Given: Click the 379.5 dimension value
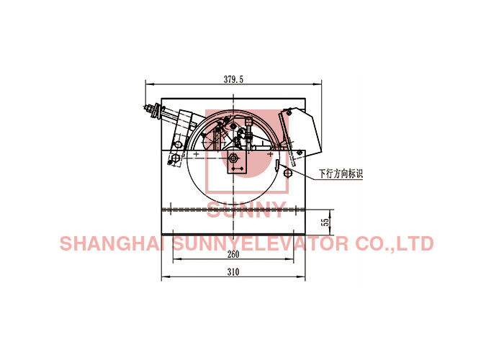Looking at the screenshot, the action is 234,79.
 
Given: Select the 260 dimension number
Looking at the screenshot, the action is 233,254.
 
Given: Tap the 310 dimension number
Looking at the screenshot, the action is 233,272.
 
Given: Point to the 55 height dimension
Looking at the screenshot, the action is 326,222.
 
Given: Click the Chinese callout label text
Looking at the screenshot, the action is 341,174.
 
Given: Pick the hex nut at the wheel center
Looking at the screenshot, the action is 233,158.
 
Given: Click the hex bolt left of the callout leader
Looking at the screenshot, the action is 288,174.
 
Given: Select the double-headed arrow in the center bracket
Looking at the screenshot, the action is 237,168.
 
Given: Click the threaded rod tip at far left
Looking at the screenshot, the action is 147,107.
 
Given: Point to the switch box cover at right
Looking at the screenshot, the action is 300,132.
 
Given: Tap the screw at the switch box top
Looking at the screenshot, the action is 289,112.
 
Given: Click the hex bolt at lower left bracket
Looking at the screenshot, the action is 175,158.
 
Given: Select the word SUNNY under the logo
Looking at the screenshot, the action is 246,210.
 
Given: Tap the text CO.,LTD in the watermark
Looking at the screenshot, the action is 395,243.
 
